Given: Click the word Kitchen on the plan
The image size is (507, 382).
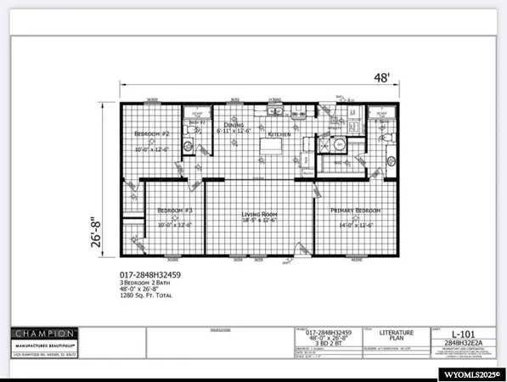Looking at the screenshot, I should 280,135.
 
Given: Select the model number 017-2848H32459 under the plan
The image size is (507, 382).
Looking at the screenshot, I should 151,276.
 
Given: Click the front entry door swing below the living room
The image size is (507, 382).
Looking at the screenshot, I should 299,249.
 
